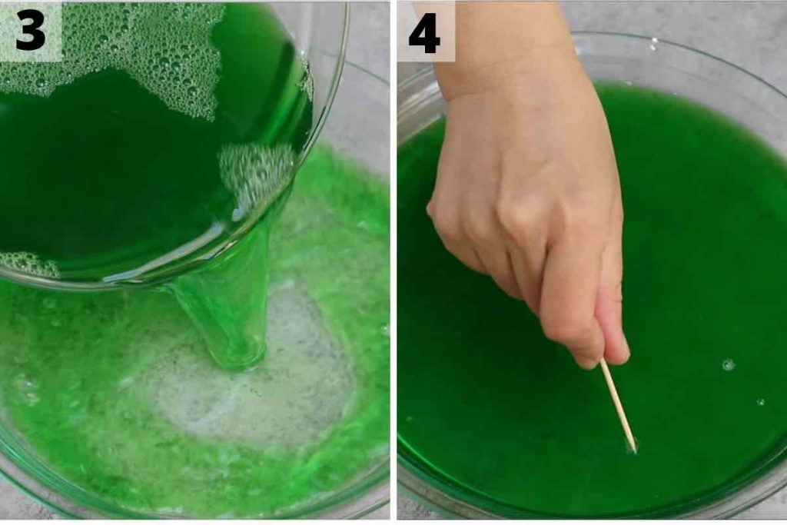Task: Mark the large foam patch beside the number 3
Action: [x=154, y=54]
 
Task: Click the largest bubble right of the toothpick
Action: [x=728, y=364]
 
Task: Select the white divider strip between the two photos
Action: [x=393, y=261]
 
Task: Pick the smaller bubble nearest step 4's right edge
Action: [x=761, y=401]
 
